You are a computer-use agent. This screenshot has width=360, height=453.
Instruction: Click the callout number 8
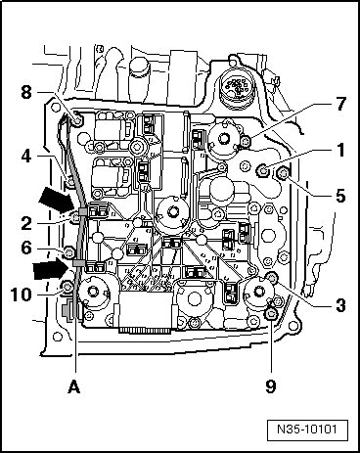26,92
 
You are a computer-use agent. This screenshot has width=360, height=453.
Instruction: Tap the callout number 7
339,104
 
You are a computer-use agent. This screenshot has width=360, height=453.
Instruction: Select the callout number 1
340,150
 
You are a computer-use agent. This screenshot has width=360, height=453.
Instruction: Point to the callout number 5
340,196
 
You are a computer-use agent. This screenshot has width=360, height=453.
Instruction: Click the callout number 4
26,157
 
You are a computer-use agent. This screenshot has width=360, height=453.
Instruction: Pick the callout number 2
26,224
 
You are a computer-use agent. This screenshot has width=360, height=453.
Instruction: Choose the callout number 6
26,249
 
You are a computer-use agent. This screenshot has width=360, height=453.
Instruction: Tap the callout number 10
22,294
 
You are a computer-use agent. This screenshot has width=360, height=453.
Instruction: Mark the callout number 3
340,305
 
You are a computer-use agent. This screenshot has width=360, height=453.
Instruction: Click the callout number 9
271,386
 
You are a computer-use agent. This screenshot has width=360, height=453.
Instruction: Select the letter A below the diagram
74,387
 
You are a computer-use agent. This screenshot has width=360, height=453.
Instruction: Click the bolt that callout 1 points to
262,170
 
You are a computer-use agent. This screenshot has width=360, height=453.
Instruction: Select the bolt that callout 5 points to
282,173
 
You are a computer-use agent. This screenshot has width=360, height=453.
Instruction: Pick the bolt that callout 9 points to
270,315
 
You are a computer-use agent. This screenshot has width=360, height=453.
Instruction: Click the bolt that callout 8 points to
77,122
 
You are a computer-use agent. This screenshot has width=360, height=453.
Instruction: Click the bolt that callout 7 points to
246,141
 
